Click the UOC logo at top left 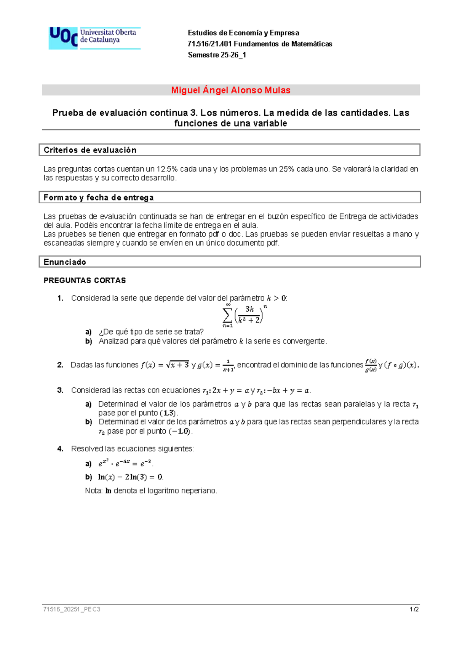coord(94,38)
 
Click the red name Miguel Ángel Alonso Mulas coord(230,90)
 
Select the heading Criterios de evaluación coord(90,150)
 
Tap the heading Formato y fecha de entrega coord(99,197)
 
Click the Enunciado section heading coord(65,262)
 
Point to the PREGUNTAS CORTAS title coord(85,281)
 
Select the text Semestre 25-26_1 coord(217,55)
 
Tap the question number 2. coord(60,365)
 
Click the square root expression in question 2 coord(178,365)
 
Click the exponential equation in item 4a coord(125,464)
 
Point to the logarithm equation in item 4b coord(130,477)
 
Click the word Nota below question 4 coord(93,491)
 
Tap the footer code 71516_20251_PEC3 coord(72,609)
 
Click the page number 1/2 coord(414,609)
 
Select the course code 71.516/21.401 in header coord(209,44)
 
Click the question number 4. coord(60,449)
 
